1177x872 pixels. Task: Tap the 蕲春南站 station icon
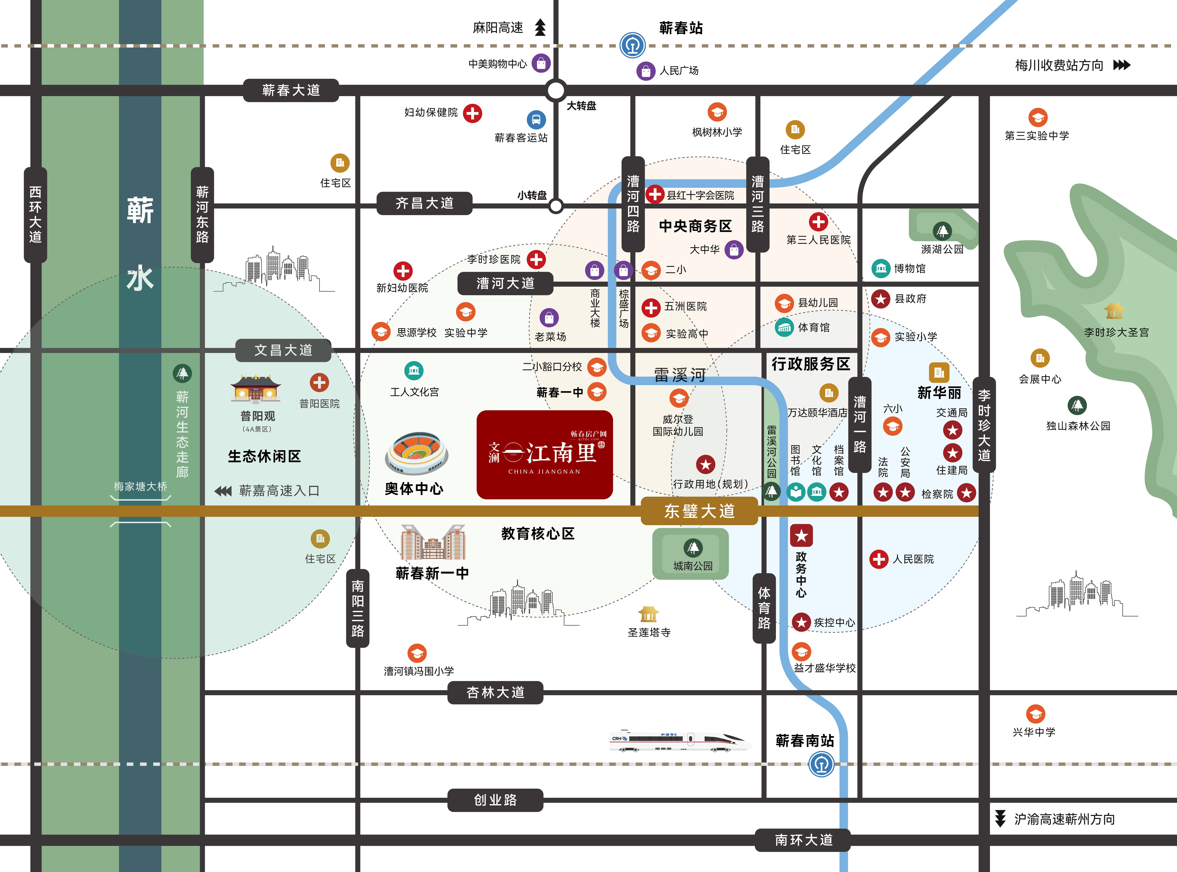[x=821, y=764]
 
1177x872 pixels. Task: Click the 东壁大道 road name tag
[x=699, y=511]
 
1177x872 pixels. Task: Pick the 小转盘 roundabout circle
[x=556, y=206]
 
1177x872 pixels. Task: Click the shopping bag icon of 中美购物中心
[x=541, y=63]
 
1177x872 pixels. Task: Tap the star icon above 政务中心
[x=801, y=536]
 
